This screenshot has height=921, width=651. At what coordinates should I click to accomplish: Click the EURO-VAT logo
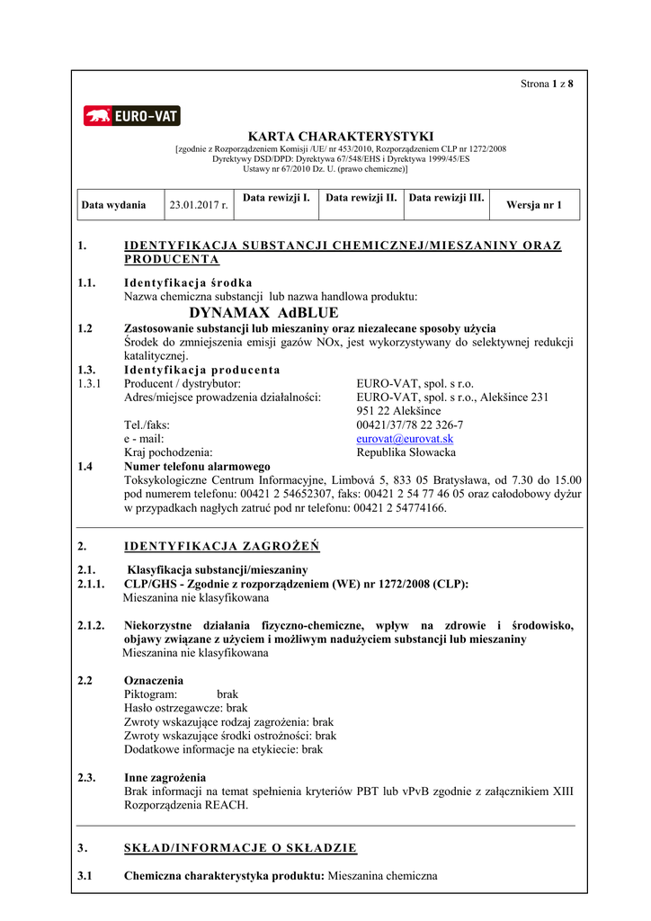pyautogui.click(x=132, y=116)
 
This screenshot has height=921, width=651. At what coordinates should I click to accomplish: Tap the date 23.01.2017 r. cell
pyautogui.click(x=199, y=205)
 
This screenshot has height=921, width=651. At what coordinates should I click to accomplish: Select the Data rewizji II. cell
pyautogui.click(x=361, y=197)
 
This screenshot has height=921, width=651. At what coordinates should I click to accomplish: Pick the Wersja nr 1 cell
pyautogui.click(x=534, y=205)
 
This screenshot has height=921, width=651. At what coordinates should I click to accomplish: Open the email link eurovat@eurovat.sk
pyautogui.click(x=405, y=439)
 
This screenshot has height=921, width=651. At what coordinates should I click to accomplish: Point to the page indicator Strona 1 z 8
pyautogui.click(x=547, y=84)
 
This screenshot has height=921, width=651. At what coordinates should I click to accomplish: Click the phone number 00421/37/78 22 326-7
pyautogui.click(x=410, y=425)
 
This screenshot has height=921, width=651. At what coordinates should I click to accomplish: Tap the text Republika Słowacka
pyautogui.click(x=406, y=452)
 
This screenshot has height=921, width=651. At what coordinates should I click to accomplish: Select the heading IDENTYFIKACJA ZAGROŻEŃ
pyautogui.click(x=221, y=546)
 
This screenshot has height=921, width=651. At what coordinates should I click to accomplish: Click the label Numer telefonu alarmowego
pyautogui.click(x=197, y=467)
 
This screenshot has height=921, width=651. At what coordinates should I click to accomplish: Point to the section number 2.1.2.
pyautogui.click(x=92, y=625)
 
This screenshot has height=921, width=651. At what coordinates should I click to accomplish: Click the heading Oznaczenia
pyautogui.click(x=154, y=681)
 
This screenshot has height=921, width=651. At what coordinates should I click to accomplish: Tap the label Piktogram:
pyautogui.click(x=150, y=695)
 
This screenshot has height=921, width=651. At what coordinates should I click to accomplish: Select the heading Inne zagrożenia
pyautogui.click(x=165, y=777)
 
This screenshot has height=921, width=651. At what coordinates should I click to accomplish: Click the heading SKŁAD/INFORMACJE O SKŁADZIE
pyautogui.click(x=240, y=847)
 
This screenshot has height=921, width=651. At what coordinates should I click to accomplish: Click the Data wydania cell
pyautogui.click(x=113, y=205)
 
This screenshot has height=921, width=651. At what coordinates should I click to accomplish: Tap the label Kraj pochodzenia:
pyautogui.click(x=167, y=452)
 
